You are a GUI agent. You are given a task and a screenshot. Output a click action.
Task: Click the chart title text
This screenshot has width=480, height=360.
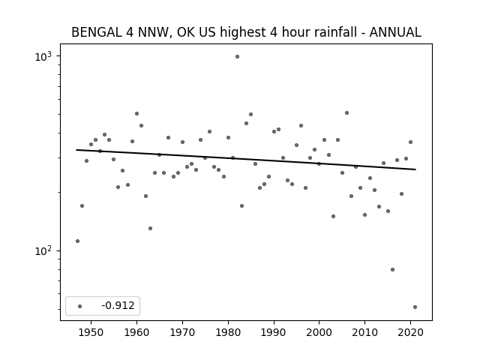point(246,32)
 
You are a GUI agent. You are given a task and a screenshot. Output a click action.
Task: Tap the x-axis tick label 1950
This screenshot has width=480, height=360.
point(91,331)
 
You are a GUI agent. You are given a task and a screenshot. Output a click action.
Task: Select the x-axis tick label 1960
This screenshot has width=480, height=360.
point(136,331)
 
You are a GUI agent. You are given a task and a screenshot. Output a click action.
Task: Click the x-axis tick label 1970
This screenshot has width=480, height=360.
point(182,331)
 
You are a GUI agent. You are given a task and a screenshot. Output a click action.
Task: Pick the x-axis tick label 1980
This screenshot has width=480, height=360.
point(228,331)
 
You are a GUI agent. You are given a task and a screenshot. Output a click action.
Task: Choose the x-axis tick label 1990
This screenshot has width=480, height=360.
point(274,331)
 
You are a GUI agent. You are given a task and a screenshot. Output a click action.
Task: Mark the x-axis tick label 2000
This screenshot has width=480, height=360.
point(319,331)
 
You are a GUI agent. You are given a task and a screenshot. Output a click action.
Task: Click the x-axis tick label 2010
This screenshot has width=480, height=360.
point(365,331)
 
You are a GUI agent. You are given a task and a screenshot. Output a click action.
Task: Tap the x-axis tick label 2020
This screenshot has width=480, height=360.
point(411,331)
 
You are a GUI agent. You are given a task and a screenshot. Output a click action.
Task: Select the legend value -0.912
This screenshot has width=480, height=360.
point(118,305)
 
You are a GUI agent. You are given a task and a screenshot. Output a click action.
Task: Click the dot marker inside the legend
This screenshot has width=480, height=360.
point(79,305)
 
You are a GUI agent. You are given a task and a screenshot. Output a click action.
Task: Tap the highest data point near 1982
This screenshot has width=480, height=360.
point(237,56)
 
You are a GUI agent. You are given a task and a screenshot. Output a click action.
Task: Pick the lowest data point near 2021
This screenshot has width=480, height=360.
point(415,307)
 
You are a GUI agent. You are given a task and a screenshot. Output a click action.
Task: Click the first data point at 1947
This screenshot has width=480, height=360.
point(77,241)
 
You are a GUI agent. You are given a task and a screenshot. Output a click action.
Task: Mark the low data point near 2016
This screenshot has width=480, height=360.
point(392,269)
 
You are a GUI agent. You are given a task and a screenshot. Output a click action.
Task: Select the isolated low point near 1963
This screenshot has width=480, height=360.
point(150,228)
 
